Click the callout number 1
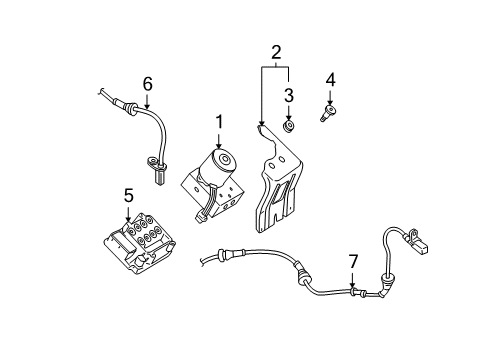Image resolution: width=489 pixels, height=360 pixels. pyautogui.click(x=218, y=121)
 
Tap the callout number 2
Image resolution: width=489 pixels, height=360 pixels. pyautogui.click(x=274, y=52)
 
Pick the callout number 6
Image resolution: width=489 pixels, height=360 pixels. pyautogui.click(x=147, y=84)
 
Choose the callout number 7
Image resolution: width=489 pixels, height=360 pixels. pyautogui.click(x=352, y=261)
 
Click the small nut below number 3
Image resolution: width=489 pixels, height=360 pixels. pyautogui.click(x=288, y=126)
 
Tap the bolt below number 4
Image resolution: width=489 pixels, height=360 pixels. pyautogui.click(x=328, y=114)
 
